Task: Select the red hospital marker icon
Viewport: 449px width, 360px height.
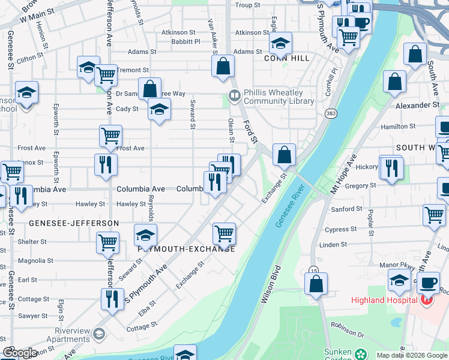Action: click(427, 299)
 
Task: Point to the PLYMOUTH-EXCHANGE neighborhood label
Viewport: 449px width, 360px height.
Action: click(186, 248)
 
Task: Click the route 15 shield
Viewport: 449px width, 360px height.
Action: click(313, 270)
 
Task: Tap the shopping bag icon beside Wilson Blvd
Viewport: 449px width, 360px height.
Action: click(316, 283)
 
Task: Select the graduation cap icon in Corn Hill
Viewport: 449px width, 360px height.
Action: click(280, 43)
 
